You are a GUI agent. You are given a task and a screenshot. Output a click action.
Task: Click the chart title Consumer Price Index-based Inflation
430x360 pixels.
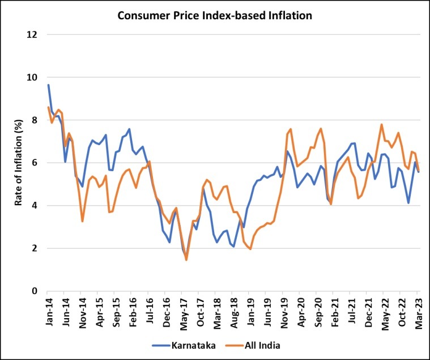point(215,15)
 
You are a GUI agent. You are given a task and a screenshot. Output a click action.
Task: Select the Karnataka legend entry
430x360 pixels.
point(178,344)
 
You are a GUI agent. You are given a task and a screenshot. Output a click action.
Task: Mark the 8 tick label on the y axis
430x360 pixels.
point(35,120)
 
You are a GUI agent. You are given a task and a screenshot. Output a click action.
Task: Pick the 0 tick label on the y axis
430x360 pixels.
point(35,291)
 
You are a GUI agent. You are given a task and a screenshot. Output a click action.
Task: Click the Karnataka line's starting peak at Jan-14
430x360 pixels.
point(49,85)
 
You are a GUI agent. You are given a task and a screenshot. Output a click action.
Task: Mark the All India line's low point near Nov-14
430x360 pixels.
point(82,221)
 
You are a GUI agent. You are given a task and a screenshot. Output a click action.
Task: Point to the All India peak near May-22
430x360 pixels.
point(382,125)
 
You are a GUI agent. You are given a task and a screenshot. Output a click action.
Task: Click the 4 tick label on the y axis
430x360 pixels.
point(35,206)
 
